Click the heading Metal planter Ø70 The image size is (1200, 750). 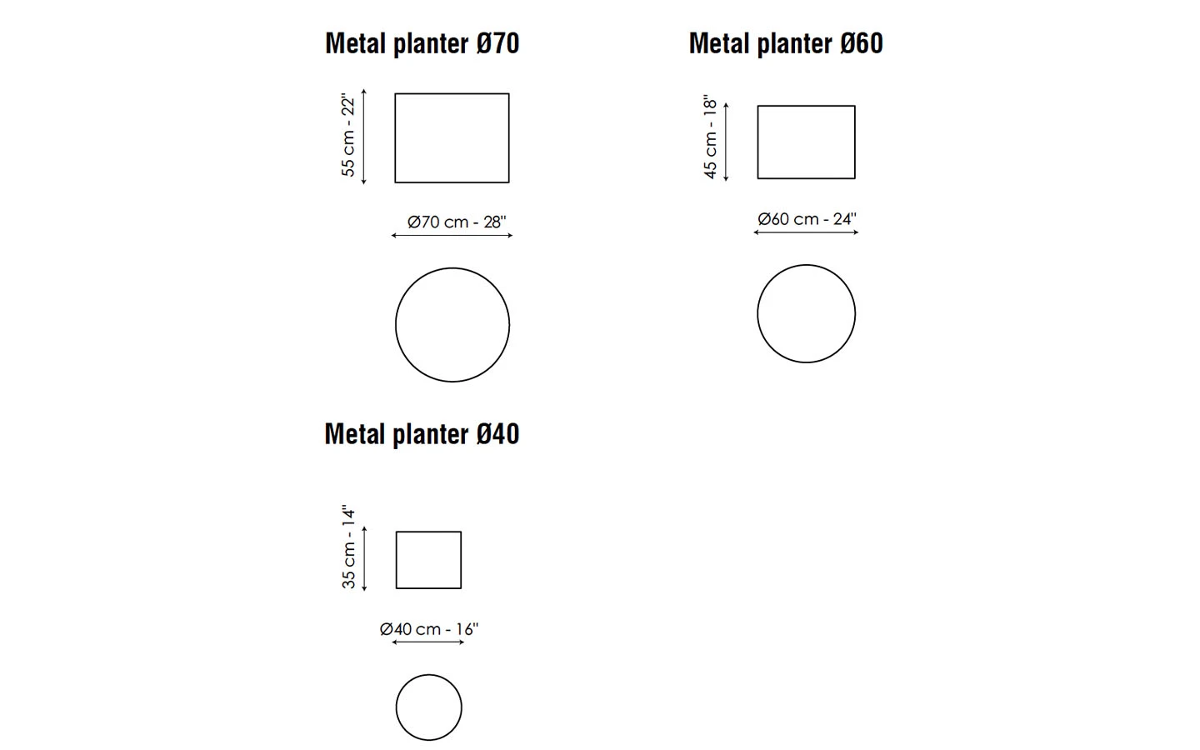422,44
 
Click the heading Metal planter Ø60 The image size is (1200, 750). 786,44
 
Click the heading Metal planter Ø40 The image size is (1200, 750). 422,434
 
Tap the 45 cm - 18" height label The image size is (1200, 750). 710,137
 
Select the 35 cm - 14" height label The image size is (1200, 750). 348,547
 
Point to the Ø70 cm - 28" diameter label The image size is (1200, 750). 457,222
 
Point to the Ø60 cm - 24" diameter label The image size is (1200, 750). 807,219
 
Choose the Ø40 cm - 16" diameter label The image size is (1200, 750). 429,629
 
